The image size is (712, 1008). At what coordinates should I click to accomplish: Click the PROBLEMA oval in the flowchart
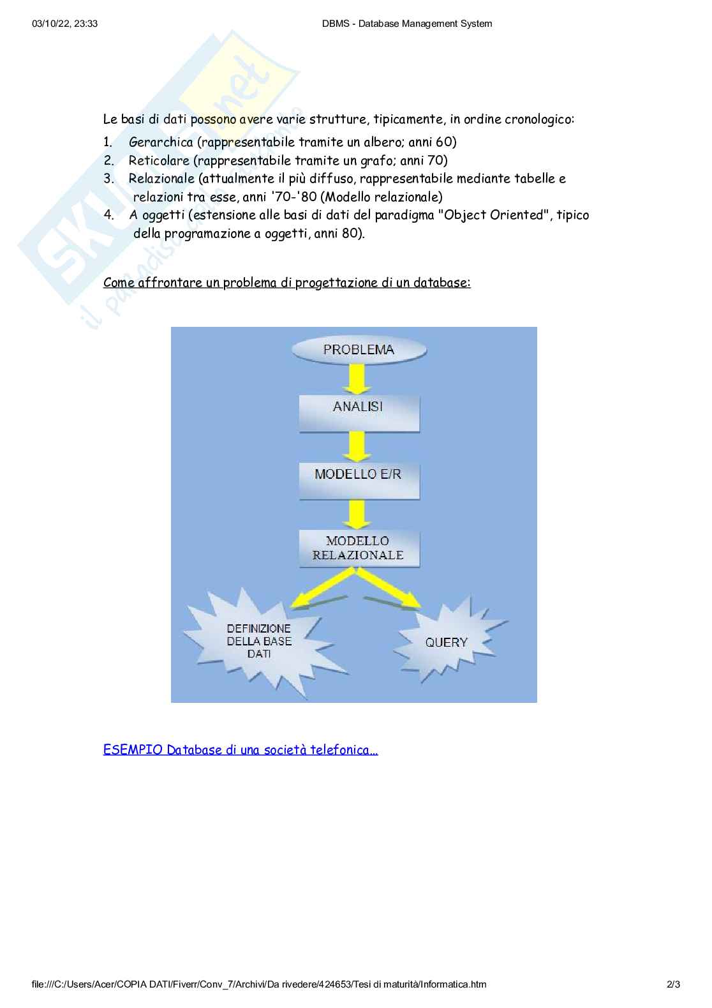tap(359, 350)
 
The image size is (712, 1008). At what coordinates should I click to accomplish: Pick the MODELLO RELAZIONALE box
tap(359, 548)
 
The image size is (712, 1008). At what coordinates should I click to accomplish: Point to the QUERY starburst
tap(447, 642)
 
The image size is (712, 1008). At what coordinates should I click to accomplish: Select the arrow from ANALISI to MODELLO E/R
tap(357, 446)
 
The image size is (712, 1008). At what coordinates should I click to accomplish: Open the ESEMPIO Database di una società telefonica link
tap(241, 749)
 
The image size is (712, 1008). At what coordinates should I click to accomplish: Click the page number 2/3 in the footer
tap(673, 984)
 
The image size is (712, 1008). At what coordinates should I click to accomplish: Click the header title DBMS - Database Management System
tap(408, 24)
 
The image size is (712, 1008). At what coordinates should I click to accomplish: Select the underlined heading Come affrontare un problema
tap(286, 282)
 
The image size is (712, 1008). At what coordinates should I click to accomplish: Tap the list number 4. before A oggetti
tap(109, 215)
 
